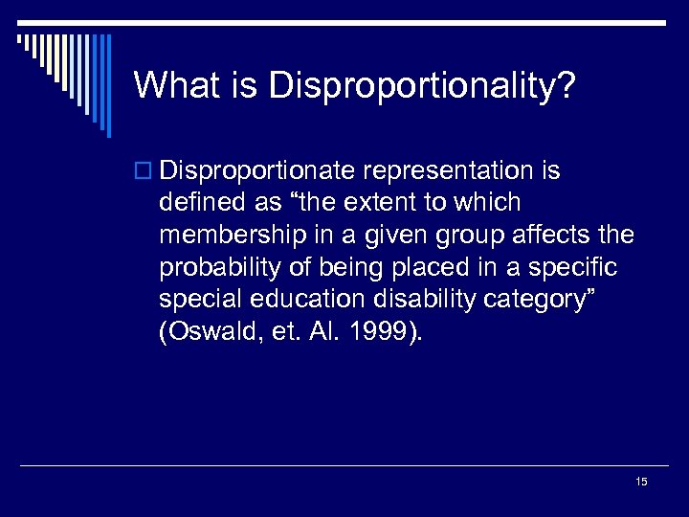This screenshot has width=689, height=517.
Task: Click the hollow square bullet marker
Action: coord(144,172)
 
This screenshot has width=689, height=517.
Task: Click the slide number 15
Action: coord(641,482)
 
